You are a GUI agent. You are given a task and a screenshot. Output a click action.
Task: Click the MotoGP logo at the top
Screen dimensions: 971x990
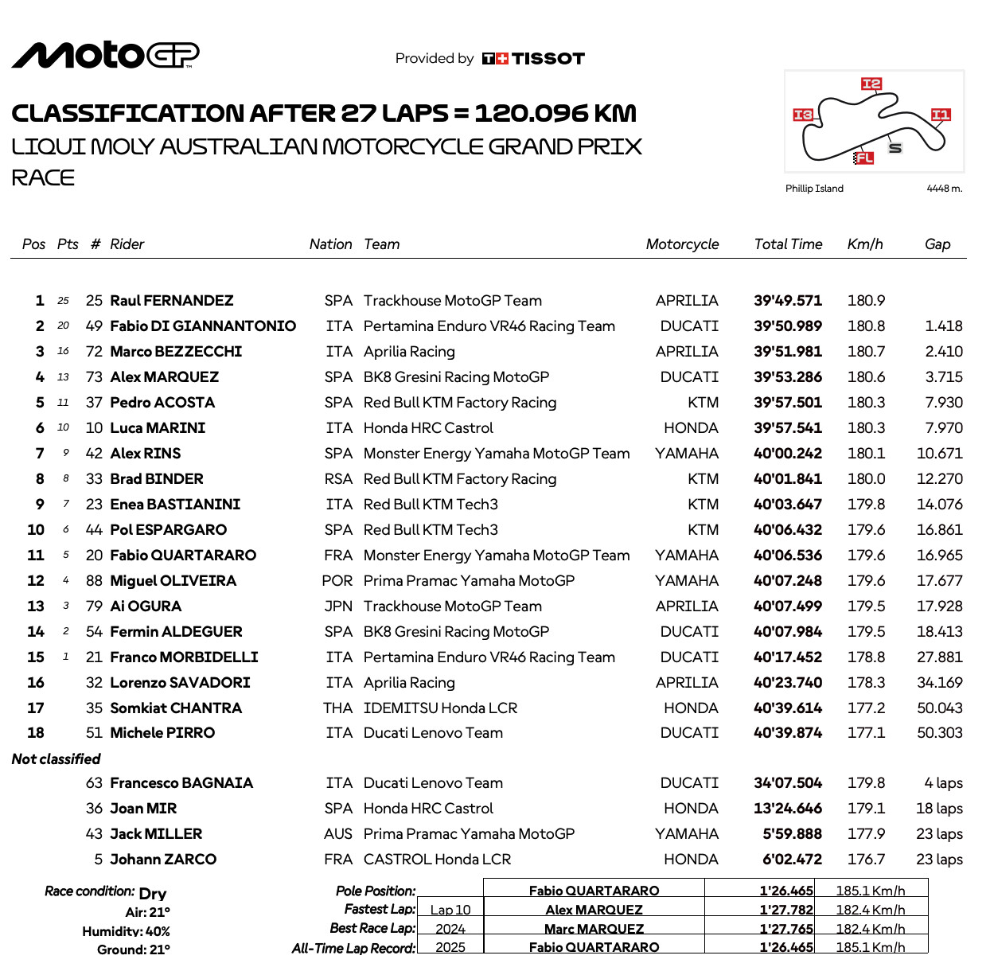click(x=105, y=55)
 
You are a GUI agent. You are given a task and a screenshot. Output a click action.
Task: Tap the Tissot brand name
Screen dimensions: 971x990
click(x=548, y=59)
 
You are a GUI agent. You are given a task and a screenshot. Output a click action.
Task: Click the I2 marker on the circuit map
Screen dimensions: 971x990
click(x=871, y=84)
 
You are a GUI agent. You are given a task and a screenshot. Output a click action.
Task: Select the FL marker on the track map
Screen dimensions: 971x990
click(x=863, y=158)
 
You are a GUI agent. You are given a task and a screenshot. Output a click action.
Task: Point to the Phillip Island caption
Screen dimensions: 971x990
click(x=814, y=189)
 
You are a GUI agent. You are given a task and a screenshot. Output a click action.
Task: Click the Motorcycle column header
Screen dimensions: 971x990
click(x=682, y=244)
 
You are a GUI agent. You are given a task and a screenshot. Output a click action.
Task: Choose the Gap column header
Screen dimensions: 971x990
click(x=937, y=244)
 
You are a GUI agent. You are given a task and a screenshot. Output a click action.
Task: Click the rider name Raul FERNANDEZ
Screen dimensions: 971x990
click(x=171, y=301)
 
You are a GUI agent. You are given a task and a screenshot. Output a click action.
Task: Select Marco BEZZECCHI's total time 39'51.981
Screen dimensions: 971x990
click(x=787, y=352)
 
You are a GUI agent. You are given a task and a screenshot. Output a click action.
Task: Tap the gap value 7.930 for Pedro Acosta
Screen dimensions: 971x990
click(x=943, y=403)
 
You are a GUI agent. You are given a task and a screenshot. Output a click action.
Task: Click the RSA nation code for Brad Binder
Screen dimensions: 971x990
click(x=338, y=479)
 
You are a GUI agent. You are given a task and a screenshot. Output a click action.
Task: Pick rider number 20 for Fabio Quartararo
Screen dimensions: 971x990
click(x=94, y=556)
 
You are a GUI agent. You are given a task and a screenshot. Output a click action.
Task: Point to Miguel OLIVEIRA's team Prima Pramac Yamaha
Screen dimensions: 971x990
click(x=469, y=581)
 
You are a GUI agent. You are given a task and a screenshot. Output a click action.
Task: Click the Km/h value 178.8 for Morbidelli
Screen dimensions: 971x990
click(x=866, y=657)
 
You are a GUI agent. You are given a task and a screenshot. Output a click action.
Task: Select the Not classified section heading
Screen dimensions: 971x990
click(x=57, y=759)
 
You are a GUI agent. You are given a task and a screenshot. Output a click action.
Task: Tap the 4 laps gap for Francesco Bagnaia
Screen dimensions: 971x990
click(x=943, y=783)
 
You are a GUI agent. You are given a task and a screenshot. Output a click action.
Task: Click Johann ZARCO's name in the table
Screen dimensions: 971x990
click(x=163, y=860)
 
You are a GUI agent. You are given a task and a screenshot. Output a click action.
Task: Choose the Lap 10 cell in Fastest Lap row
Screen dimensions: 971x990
click(x=450, y=910)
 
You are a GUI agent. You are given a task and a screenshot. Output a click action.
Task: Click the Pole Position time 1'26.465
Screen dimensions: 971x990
click(x=786, y=891)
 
